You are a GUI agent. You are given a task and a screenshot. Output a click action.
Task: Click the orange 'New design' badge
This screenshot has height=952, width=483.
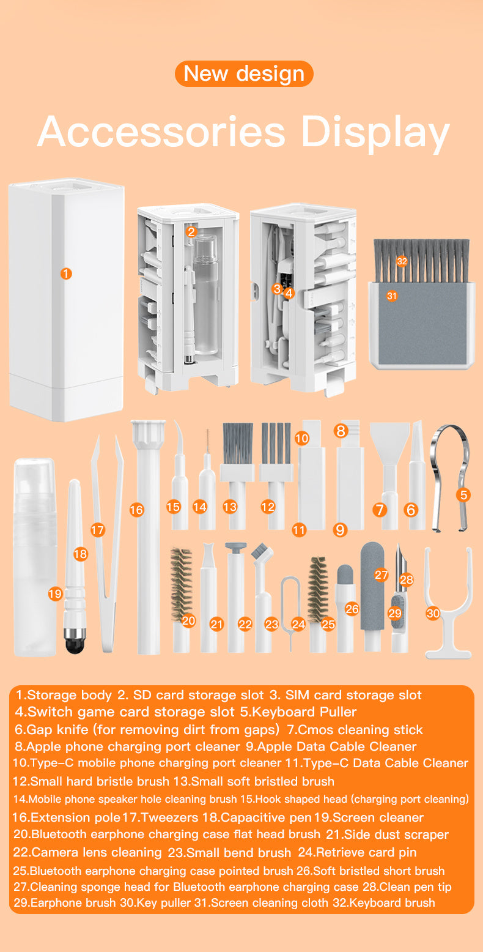pos(244,73)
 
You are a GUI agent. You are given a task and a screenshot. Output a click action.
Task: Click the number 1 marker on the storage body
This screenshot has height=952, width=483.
pos(66,273)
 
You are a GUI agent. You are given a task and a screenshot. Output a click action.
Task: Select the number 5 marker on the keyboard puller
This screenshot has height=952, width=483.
pos(464,495)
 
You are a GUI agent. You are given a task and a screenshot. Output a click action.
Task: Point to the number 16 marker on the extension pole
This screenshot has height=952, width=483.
pos(137,509)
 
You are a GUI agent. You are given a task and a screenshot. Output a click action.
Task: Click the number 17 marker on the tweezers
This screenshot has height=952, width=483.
pos(98,530)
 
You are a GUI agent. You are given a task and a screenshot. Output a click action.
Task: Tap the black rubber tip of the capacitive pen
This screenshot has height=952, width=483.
pos(75,644)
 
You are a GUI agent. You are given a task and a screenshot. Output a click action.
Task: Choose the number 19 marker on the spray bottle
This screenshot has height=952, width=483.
pos(55,593)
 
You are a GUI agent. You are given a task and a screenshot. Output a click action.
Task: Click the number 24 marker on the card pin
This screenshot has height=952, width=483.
pos(298,624)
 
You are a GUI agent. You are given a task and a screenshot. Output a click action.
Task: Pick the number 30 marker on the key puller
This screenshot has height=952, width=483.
pos(433,612)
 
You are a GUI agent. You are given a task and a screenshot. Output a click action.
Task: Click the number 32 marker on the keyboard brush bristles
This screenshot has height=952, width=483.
pos(402,261)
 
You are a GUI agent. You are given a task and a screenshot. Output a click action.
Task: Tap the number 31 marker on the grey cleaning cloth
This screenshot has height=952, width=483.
pos(392,296)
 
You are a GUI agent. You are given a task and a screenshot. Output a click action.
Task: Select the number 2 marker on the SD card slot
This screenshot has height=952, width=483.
pos(191,231)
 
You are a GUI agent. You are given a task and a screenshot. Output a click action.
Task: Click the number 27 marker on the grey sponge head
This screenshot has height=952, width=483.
pos(382,575)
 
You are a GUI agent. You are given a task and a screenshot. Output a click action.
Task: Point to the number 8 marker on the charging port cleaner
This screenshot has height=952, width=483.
pos(341,431)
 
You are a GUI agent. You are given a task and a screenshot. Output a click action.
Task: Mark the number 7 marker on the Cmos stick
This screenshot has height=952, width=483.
pos(380,509)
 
